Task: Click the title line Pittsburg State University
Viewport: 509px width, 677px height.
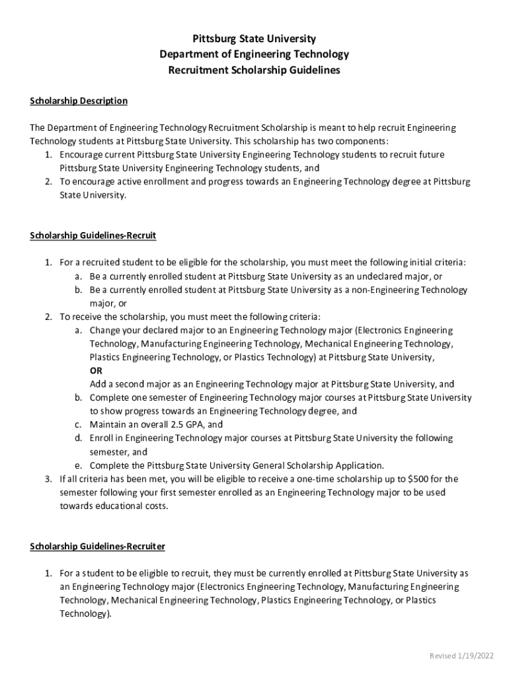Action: (x=254, y=39)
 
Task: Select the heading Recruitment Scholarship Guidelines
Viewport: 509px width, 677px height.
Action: (x=254, y=70)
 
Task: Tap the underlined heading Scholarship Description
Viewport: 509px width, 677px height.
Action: (x=79, y=101)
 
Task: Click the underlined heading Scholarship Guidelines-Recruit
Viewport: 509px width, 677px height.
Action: (x=93, y=235)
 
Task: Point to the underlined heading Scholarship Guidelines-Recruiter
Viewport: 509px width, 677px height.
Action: (x=98, y=547)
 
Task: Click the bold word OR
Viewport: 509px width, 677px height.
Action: (x=97, y=371)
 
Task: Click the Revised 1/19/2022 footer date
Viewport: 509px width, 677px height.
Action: (x=461, y=656)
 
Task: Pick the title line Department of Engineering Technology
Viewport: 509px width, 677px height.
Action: (x=254, y=54)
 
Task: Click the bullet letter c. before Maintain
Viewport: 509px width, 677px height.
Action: (x=78, y=424)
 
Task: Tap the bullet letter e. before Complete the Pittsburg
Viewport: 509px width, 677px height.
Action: (x=78, y=465)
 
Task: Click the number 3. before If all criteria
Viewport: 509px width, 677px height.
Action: (x=49, y=479)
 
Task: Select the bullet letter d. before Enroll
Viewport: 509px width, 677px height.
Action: (x=78, y=438)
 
